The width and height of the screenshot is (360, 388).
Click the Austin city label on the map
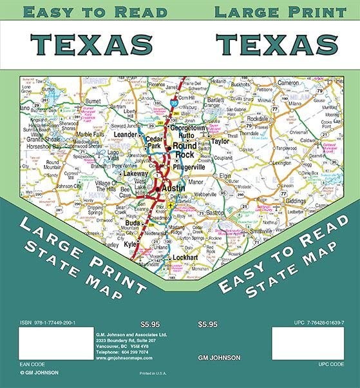[x=174, y=188]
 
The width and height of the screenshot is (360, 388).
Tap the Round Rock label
[x=184, y=150]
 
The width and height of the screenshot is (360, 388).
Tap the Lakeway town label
[x=135, y=173]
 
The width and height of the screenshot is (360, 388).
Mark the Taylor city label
[x=220, y=141]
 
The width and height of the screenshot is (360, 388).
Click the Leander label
[x=126, y=134]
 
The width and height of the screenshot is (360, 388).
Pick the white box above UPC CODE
[x=312, y=344]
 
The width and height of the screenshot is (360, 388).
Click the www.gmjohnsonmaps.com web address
[x=121, y=358]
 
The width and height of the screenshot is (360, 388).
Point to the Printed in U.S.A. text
[x=152, y=373]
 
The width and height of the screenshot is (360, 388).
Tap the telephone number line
[x=122, y=353]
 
